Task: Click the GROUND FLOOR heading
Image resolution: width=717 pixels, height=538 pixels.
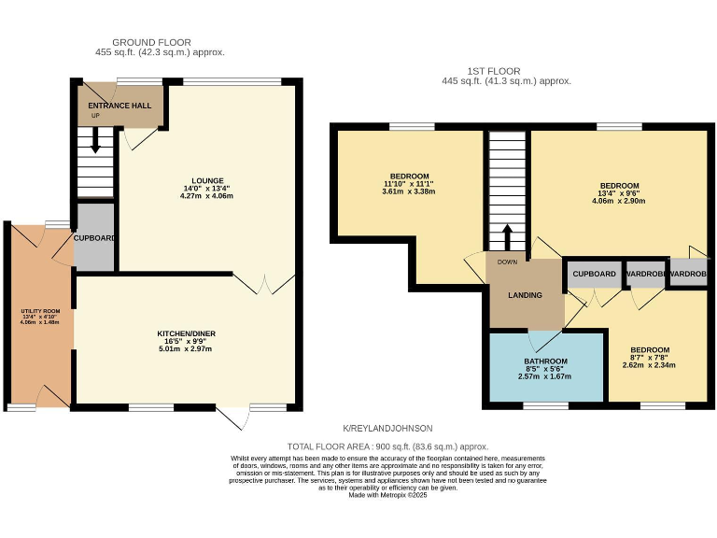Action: click(151, 42)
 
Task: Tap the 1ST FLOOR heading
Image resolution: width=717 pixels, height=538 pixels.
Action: click(494, 71)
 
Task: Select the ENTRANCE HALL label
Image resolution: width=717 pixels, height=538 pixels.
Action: click(119, 106)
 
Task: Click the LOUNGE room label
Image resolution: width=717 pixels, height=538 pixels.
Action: click(207, 180)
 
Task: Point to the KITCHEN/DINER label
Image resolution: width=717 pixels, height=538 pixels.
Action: click(187, 333)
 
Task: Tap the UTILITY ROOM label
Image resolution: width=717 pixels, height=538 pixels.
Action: click(39, 310)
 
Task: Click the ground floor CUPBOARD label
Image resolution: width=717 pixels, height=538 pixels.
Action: click(95, 238)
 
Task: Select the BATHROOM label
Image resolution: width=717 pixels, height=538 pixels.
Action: click(545, 361)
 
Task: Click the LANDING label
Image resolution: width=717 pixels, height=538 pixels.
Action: click(525, 295)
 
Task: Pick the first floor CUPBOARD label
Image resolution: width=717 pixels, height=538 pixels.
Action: click(595, 274)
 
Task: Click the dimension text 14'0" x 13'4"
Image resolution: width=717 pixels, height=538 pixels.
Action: click(207, 189)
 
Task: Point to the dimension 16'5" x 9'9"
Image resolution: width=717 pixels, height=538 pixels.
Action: click(187, 342)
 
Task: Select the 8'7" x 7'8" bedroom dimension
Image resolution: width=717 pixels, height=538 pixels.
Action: click(649, 358)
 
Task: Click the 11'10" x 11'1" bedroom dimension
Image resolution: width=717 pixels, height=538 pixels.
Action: click(410, 184)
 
